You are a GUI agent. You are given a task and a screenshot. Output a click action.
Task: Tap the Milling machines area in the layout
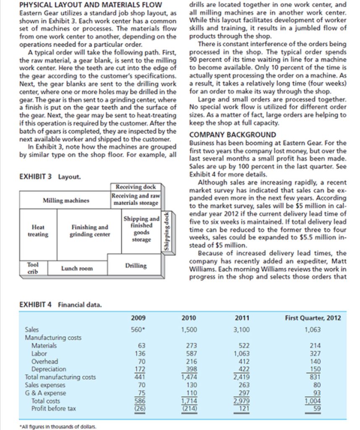(x=66, y=200)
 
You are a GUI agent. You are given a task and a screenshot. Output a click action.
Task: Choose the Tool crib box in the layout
(x=33, y=267)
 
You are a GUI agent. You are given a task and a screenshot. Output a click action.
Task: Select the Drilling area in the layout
(x=136, y=266)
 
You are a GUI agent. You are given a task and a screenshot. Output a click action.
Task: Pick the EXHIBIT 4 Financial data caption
(x=60, y=304)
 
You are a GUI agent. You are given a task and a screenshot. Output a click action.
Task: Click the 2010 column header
(x=189, y=317)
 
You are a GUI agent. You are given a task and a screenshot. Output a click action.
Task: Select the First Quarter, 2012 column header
(x=313, y=317)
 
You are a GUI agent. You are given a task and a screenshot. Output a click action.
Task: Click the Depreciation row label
(x=49, y=369)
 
